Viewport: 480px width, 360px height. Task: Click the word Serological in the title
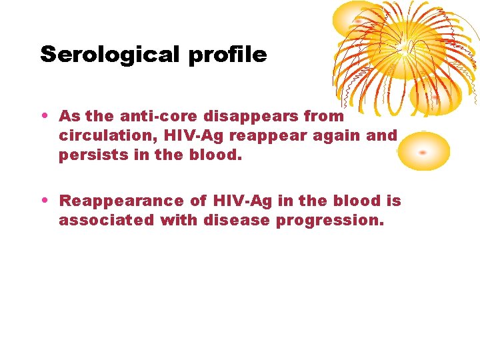pos(111,55)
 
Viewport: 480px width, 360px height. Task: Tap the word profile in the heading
pos(227,55)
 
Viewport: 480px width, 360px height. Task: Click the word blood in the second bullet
pos(359,201)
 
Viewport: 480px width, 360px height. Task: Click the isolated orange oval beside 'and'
pos(423,151)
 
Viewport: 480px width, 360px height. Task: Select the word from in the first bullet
pos(323,116)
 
